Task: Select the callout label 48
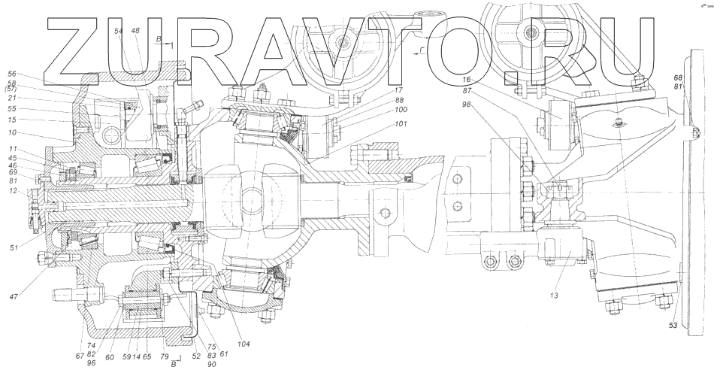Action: [135, 31]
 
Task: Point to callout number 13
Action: [553, 295]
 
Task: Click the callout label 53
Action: [673, 326]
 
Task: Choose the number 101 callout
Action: [401, 126]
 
